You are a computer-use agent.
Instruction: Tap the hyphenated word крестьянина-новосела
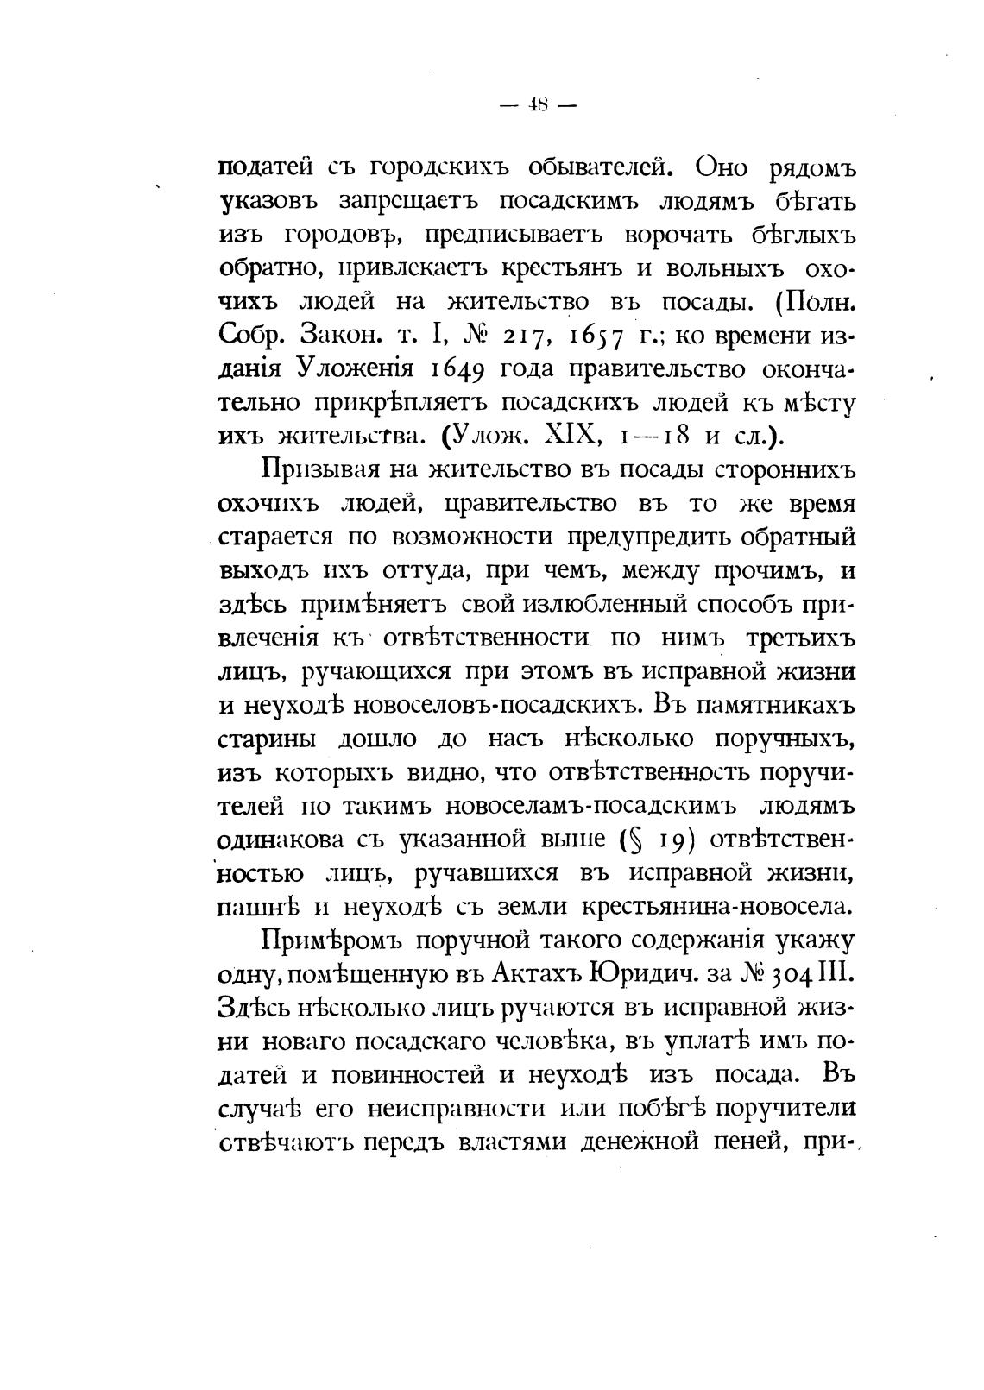pyautogui.click(x=716, y=907)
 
